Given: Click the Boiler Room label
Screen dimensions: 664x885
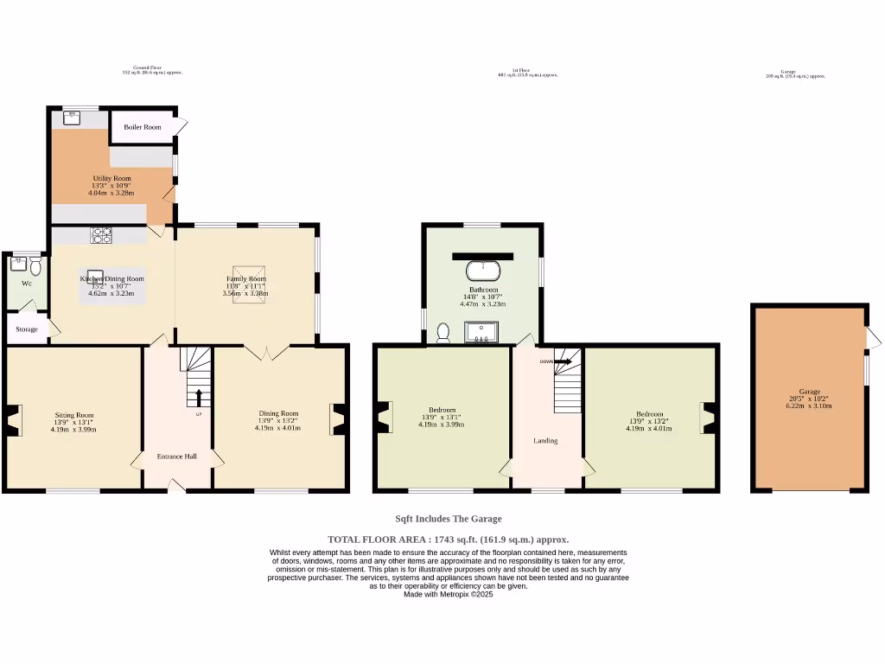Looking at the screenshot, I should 142,127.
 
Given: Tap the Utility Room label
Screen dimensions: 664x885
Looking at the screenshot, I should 111,178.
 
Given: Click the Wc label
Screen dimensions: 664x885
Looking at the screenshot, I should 27,284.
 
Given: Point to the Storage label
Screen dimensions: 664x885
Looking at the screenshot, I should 27,329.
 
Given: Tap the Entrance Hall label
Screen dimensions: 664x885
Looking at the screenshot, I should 176,456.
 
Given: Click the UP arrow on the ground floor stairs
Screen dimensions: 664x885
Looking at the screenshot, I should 199,398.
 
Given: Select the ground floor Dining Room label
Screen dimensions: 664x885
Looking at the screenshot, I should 278,413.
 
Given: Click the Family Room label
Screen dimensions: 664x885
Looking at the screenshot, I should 245,279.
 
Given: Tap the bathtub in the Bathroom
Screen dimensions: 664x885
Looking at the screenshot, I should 483,270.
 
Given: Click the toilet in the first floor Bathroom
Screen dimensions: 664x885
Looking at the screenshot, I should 444,332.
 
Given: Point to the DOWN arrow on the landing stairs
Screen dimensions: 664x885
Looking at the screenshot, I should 562,361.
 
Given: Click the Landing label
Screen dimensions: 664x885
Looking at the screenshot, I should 545,441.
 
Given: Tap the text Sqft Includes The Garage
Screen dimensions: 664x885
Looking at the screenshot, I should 448,519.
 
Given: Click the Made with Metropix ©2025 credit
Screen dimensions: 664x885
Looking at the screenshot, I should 448,595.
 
